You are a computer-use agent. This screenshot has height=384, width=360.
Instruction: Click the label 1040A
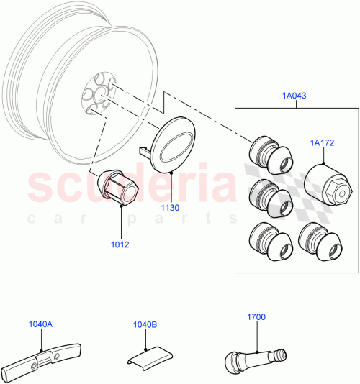tap(40, 324)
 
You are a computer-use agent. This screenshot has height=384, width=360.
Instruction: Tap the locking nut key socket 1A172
tap(328, 184)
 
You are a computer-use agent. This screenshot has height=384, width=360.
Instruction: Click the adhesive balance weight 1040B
tap(147, 355)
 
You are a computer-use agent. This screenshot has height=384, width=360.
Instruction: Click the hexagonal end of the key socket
tap(338, 191)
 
